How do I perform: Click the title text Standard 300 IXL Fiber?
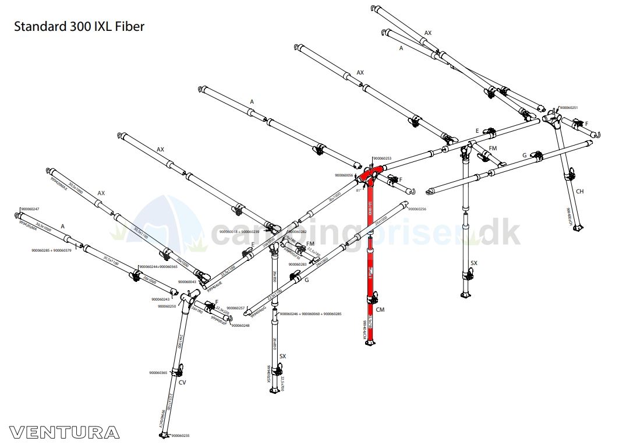[79, 26]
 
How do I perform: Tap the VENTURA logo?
[64, 432]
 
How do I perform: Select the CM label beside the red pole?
[380, 310]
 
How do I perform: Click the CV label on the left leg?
[182, 382]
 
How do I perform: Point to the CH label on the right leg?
[579, 191]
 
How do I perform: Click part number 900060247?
[30, 209]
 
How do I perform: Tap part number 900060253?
[382, 158]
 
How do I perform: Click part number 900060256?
[417, 209]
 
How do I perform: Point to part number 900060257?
[236, 308]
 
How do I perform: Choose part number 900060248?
[241, 325]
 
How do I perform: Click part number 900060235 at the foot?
[181, 435]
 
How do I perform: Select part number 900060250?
[167, 306]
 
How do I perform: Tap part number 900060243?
[160, 299]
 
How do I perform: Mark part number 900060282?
[298, 232]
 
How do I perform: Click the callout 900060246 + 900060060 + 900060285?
[310, 314]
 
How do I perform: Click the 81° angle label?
[359, 189]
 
